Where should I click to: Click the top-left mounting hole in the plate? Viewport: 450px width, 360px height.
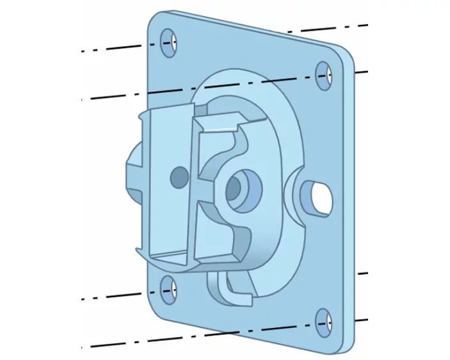[x=169, y=42]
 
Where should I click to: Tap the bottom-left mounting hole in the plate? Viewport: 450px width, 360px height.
[x=170, y=290]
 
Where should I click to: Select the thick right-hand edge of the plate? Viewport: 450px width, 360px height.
[x=354, y=199]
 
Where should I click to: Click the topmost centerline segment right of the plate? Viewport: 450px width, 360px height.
[x=326, y=28]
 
